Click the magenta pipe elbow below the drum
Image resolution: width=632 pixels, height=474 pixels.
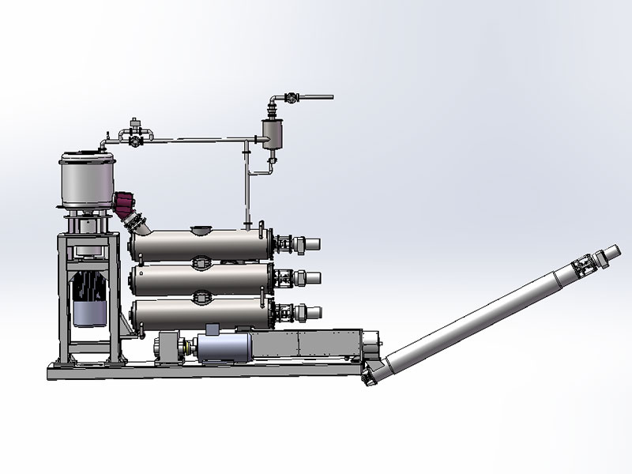[x=126, y=204]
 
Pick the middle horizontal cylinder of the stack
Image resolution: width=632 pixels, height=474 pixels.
[x=197, y=278]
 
